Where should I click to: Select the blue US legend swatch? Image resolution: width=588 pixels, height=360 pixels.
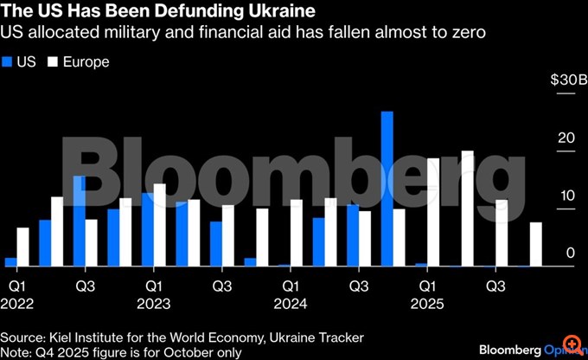pyautogui.click(x=9, y=62)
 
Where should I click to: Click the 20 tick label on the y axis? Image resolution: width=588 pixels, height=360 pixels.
pyautogui.click(x=566, y=138)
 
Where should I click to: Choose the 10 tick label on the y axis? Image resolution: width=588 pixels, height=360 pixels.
pyautogui.click(x=566, y=196)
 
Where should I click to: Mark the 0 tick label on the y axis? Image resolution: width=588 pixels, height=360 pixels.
pyautogui.click(x=568, y=253)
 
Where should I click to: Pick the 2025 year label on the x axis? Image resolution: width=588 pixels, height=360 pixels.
pyautogui.click(x=427, y=304)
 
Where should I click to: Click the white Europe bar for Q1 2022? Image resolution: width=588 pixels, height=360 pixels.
pyautogui.click(x=22, y=247)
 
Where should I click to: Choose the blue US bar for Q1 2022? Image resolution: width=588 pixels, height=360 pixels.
pyautogui.click(x=10, y=262)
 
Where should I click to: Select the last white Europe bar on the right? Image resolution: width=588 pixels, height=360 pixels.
pyautogui.click(x=536, y=244)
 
